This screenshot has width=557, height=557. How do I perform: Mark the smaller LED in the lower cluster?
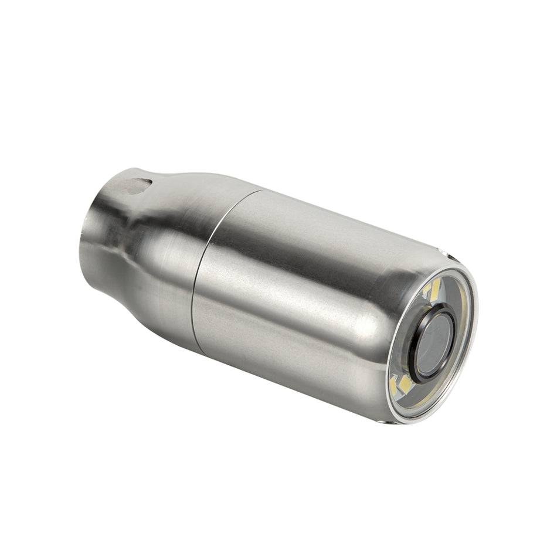click(x=394, y=380)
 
